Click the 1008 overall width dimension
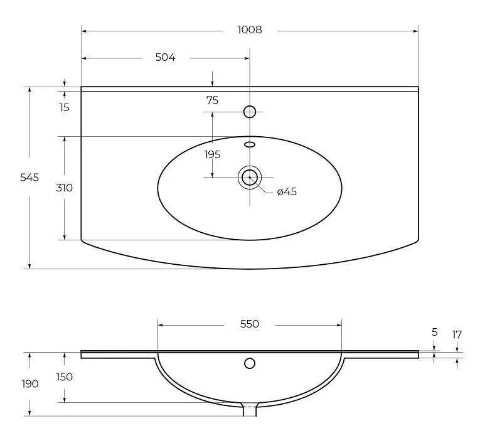coord(250,29)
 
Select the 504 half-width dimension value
coord(165,57)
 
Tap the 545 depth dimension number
coord(29,178)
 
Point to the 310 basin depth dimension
coord(64,188)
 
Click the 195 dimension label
coord(213,154)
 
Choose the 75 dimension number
coord(212,100)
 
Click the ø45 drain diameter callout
coord(287,191)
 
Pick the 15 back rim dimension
coord(64,108)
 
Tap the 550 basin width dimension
coord(250,324)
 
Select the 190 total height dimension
coord(30,384)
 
